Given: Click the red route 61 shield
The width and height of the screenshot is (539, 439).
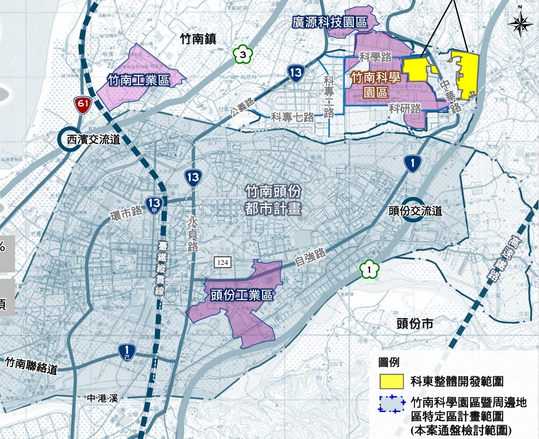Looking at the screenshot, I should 82,105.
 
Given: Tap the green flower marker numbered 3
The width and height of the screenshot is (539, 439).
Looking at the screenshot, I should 243,54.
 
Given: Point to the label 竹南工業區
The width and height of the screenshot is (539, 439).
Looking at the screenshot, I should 139,81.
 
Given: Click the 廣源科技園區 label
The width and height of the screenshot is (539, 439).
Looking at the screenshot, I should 330,22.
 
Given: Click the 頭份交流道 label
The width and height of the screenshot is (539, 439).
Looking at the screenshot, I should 415,211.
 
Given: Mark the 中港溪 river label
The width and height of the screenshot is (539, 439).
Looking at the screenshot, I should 104,398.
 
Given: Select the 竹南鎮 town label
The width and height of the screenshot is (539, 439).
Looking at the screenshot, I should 199,38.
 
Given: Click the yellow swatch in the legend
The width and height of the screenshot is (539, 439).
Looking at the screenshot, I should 391,381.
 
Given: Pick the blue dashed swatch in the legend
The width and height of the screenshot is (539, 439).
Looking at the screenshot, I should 391,404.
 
